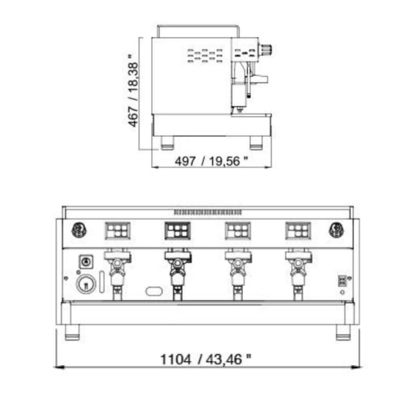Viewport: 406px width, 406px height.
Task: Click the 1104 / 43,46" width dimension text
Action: click(206, 359)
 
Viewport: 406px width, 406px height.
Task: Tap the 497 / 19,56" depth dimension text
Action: click(211, 161)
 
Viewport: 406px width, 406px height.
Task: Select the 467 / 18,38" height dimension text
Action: click(133, 90)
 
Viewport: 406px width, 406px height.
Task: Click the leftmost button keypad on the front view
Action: click(118, 230)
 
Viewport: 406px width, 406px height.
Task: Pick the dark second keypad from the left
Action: click(178, 230)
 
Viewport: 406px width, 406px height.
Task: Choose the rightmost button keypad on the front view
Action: click(298, 230)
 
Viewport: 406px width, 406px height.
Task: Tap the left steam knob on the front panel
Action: click(79, 230)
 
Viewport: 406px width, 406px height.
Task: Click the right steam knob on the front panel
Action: click(336, 230)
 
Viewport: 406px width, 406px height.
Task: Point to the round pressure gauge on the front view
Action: click(86, 284)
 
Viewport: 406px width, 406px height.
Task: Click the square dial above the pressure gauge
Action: click(86, 262)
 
